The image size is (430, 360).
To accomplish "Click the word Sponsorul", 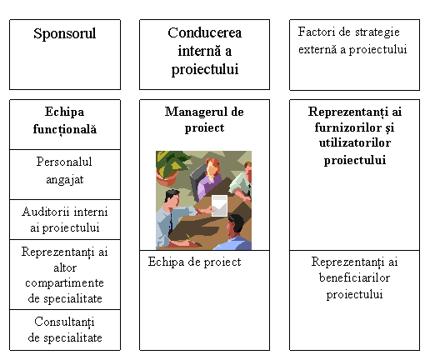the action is click(x=65, y=34).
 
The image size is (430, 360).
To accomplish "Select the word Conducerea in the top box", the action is click(x=205, y=32).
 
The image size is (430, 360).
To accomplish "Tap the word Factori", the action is click(x=317, y=32).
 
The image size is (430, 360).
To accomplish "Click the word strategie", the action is click(x=377, y=32).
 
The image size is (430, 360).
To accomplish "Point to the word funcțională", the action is click(x=65, y=129).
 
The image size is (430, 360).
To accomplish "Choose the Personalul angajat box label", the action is click(x=64, y=170).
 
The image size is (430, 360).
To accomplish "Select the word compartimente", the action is click(x=64, y=283).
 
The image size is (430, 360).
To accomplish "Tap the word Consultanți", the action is click(x=64, y=322).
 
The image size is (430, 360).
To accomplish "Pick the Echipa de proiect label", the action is click(x=194, y=262).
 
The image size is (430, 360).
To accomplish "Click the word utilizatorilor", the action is click(x=355, y=143).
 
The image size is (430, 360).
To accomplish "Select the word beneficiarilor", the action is click(x=354, y=277).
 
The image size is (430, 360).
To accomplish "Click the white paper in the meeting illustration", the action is click(x=219, y=206).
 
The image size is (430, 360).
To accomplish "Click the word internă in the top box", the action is click(x=198, y=51).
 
